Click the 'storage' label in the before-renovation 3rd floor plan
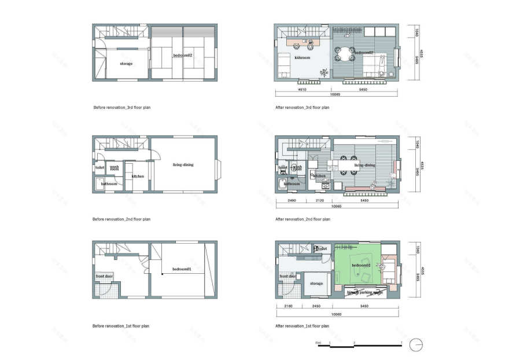tap(126, 64)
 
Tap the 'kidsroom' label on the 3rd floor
tap(303, 58)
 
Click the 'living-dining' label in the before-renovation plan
tap(183, 165)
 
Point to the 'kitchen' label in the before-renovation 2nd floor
tap(138, 177)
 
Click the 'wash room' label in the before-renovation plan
tap(115, 168)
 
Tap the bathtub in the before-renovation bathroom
tap(98, 185)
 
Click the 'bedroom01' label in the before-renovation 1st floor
tap(181, 270)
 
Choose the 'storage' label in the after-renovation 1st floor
tap(316, 284)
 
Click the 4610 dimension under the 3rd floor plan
tap(301, 90)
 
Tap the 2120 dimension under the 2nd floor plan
tap(320, 201)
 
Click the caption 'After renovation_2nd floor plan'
tap(303, 219)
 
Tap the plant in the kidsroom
tap(323, 72)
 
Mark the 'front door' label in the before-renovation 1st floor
tap(104, 277)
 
